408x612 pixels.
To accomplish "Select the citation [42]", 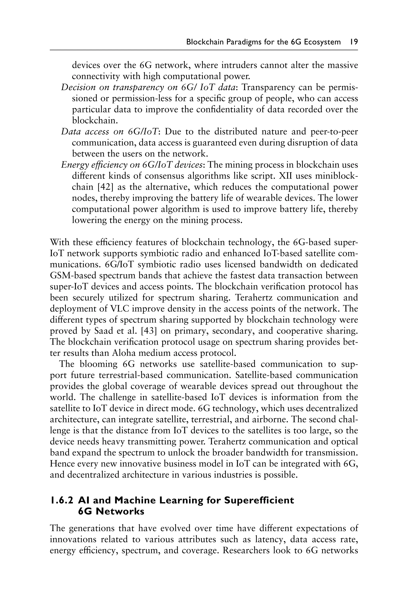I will coord(102,187).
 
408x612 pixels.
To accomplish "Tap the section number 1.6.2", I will coord(62,500).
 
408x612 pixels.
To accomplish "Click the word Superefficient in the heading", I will coord(259,500).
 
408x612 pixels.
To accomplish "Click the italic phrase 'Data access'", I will coord(85,132).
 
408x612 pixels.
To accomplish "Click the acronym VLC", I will coord(120,309).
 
